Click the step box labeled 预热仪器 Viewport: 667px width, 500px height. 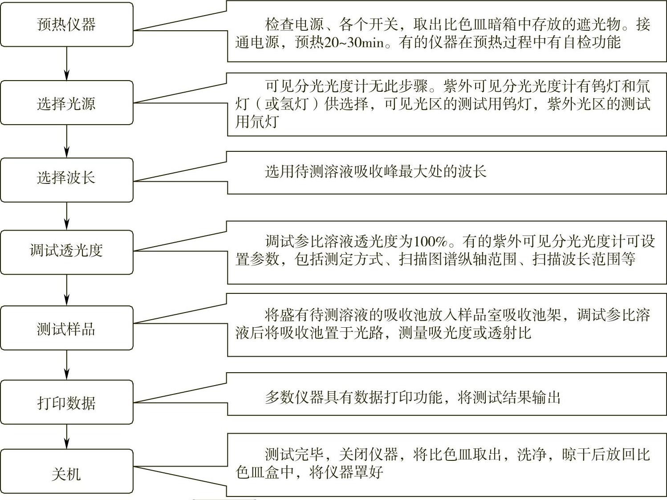[x=67, y=24]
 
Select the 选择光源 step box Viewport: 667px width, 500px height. [x=67, y=103]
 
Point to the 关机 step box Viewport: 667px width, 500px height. [x=67, y=472]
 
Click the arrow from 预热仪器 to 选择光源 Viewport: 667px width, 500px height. [x=67, y=64]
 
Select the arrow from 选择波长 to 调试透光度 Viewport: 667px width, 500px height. [x=67, y=216]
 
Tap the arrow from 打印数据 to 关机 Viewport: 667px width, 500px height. [x=67, y=436]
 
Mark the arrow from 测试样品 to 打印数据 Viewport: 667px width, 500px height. [x=67, y=365]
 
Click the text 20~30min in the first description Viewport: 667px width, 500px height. [x=354, y=43]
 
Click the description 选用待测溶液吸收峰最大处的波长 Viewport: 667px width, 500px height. [x=375, y=171]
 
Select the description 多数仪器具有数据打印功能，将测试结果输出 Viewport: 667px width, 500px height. [x=412, y=397]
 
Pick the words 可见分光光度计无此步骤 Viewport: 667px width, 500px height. [x=346, y=85]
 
